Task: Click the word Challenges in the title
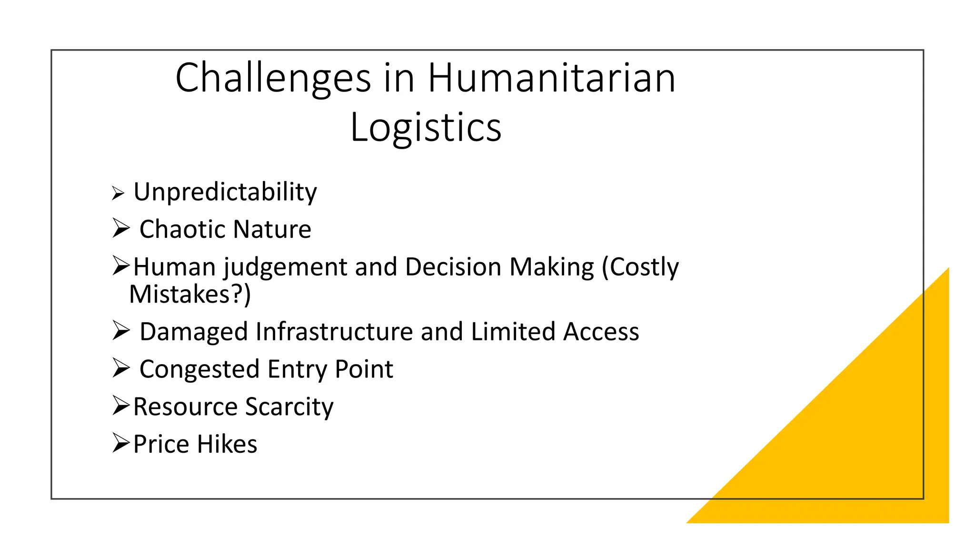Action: point(273,79)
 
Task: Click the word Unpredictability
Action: point(225,192)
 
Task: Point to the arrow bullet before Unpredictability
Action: point(118,193)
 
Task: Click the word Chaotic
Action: point(183,229)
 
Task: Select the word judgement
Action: point(285,267)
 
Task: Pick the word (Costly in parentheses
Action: point(640,267)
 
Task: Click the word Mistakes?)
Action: point(190,295)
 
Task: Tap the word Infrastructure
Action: point(334,332)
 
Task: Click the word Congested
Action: point(199,369)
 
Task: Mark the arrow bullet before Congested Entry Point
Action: point(121,368)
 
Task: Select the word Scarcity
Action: point(289,407)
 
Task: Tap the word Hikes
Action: point(227,444)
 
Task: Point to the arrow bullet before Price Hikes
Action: point(121,443)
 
